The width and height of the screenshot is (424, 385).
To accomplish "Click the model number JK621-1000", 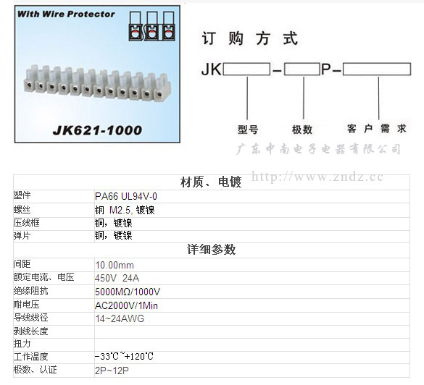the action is click(97, 130).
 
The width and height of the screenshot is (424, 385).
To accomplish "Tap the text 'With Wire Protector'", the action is click(66, 14).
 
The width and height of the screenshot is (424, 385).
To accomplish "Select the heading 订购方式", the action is click(250, 38).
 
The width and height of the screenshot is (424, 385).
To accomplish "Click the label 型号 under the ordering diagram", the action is click(248, 130).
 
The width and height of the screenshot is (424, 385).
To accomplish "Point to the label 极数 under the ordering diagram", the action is click(302, 130).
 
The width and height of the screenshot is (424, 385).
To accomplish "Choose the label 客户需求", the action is click(377, 129).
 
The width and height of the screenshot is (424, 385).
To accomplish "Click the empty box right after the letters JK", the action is click(246, 69).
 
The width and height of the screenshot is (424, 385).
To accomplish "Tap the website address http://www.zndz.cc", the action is click(317, 177).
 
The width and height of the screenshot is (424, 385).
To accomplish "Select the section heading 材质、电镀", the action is click(211, 182).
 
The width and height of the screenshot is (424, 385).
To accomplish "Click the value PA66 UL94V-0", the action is click(126, 196).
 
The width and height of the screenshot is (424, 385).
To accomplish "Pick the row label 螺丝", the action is click(22, 210).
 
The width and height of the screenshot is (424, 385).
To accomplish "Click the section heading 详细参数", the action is click(211, 250).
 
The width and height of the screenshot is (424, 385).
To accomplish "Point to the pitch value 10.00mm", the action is click(115, 265).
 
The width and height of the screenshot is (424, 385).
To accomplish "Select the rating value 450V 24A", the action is click(117, 278).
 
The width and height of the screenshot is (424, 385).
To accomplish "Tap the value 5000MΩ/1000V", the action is click(128, 292).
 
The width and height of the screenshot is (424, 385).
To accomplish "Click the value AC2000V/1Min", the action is click(126, 305).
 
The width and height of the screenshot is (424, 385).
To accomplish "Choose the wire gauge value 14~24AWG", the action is click(120, 318).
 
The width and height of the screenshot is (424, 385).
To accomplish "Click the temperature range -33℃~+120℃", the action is click(124, 356).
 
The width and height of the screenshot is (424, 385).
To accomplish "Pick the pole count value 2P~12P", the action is click(112, 371).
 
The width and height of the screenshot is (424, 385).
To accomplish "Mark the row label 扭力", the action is click(22, 344).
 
